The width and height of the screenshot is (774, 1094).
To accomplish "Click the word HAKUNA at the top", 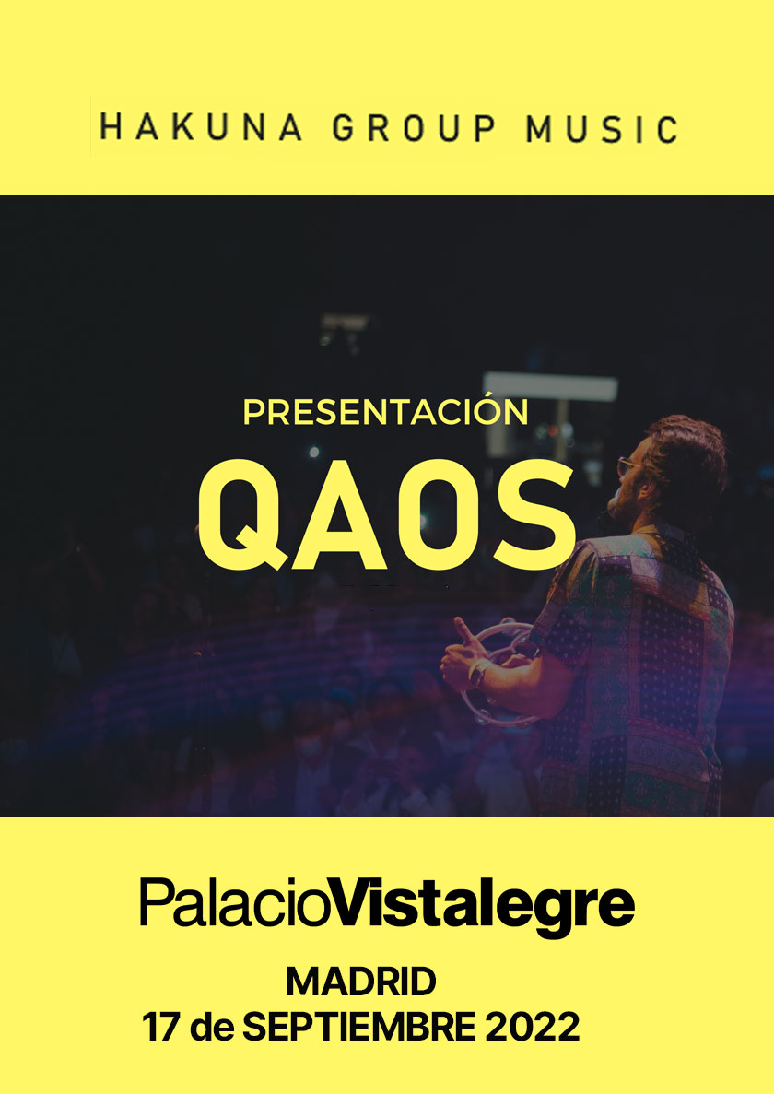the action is pos(202,128).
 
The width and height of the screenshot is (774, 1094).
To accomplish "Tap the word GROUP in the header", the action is pos(415,128).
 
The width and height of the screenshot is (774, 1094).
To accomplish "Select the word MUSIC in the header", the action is pos(602,128).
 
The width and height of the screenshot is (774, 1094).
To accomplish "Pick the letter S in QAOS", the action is pos(534,515).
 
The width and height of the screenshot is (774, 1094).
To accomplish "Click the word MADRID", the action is pos(360,982).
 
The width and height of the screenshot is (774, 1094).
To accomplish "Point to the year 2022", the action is pos(532,1027).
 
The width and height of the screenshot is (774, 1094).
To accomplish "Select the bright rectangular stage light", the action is pos(550,386).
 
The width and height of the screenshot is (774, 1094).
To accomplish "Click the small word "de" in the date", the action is pos(211,1027).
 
